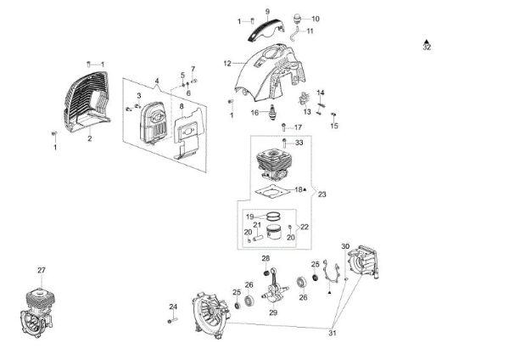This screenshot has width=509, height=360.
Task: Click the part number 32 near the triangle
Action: [x=426, y=48]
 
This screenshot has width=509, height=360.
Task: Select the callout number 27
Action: [x=41, y=270]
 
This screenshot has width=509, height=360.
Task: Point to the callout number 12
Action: [x=227, y=63]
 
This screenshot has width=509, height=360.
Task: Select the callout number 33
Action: [x=299, y=143]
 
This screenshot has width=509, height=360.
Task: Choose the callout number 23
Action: [x=322, y=194]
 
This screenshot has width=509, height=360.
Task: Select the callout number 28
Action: [x=266, y=259]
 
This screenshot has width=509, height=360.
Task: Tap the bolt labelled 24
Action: [x=173, y=319]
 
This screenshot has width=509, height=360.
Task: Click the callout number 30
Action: [x=345, y=246]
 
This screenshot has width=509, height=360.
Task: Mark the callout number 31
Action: [x=332, y=334]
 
